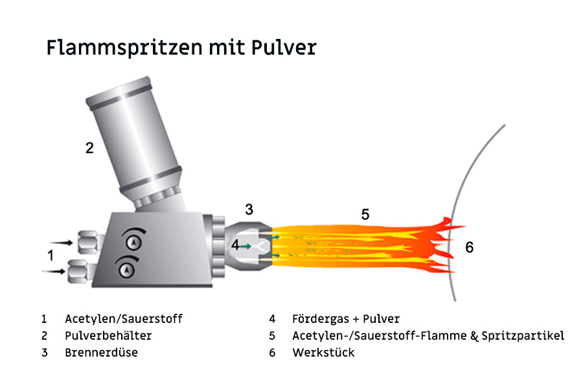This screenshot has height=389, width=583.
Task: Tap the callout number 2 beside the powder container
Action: [89, 148]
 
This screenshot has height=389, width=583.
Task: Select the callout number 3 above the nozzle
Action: [249, 209]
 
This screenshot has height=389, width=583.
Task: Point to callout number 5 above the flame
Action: [365, 215]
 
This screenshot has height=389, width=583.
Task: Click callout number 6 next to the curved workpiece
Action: [470, 247]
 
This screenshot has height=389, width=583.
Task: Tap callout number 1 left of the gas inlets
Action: [51, 255]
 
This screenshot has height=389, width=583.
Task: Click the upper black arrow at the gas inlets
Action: [62, 242]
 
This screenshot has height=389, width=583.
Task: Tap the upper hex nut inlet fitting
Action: [87, 242]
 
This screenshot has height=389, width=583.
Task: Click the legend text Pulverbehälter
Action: [108, 336]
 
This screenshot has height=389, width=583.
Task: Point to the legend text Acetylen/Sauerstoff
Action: [124, 319]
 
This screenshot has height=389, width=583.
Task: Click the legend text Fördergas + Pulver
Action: [346, 319]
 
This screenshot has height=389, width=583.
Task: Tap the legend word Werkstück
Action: [323, 353]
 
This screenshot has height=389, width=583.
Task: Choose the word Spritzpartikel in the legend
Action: [524, 336]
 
